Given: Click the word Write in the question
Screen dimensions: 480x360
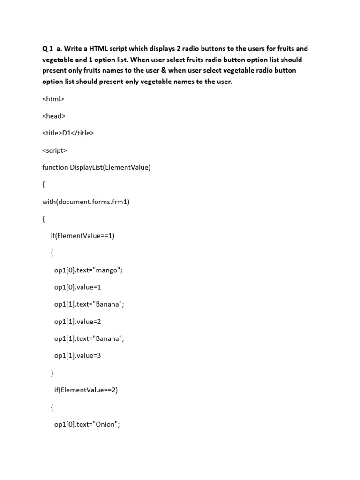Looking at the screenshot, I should [x=75, y=49].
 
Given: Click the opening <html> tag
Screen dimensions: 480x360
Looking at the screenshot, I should [x=53, y=99].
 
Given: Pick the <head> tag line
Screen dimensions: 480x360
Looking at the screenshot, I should [x=53, y=116].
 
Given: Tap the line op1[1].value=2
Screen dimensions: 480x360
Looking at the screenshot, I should [x=77, y=321].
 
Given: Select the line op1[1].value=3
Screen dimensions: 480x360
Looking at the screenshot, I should [x=77, y=355].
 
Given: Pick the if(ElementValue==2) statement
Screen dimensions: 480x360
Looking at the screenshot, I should [x=86, y=390].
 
